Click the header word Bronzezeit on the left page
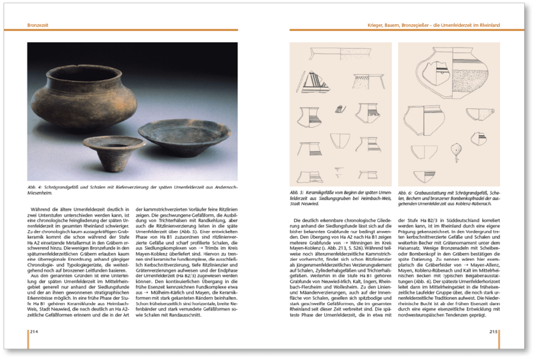point(39,26)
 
